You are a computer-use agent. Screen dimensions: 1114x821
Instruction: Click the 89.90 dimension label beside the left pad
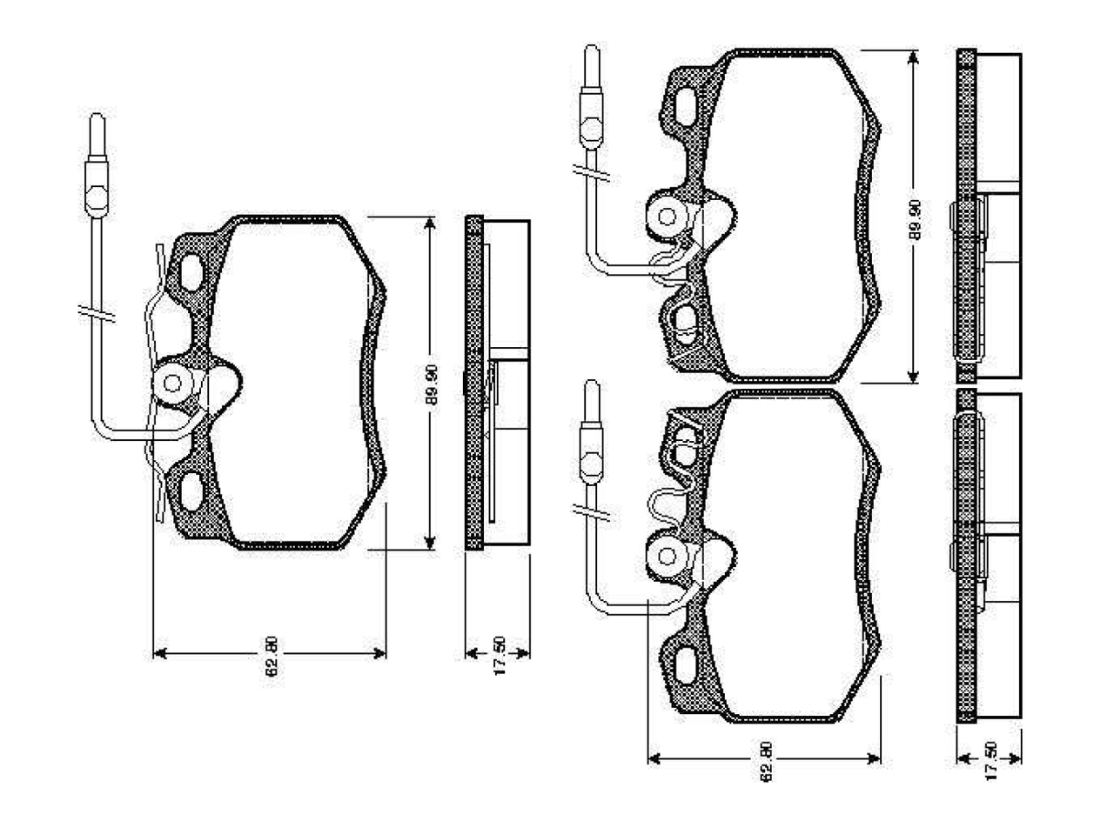point(431,385)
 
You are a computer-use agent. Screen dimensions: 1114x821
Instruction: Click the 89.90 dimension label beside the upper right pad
point(914,220)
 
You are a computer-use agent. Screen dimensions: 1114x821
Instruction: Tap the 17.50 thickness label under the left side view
point(500,656)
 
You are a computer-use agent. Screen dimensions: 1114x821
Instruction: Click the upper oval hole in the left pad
point(191,272)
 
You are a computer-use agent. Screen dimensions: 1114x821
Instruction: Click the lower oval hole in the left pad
point(191,491)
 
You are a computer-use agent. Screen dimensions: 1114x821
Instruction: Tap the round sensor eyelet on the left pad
point(172,384)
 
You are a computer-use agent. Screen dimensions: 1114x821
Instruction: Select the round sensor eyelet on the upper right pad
point(667,217)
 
